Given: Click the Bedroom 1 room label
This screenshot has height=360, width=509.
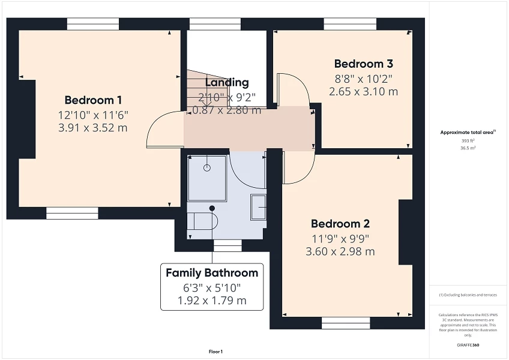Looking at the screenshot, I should pos(93,100).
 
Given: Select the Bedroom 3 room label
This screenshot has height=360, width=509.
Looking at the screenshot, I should pos(363,64).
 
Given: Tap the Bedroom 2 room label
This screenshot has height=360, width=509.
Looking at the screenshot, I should pos(340,224).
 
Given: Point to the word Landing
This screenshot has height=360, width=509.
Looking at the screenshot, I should pos(226,83).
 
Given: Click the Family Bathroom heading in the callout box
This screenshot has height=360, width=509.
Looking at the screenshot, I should pos(212,273).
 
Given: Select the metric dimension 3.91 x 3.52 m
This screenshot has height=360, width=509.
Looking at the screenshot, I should pos(93,128).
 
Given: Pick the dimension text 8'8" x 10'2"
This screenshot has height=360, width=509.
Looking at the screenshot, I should pos(363,78).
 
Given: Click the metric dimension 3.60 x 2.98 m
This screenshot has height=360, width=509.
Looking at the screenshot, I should pos(340,251).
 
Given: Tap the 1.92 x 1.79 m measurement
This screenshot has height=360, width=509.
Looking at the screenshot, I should pos(212,301).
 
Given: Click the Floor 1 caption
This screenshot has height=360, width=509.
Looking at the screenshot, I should pos(215,352).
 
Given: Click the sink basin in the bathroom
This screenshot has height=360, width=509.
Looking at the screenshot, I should pos(259,207).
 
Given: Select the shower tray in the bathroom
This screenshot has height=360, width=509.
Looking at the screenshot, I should pos(207,178).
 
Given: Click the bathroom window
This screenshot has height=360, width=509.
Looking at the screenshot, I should pos(227,245).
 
